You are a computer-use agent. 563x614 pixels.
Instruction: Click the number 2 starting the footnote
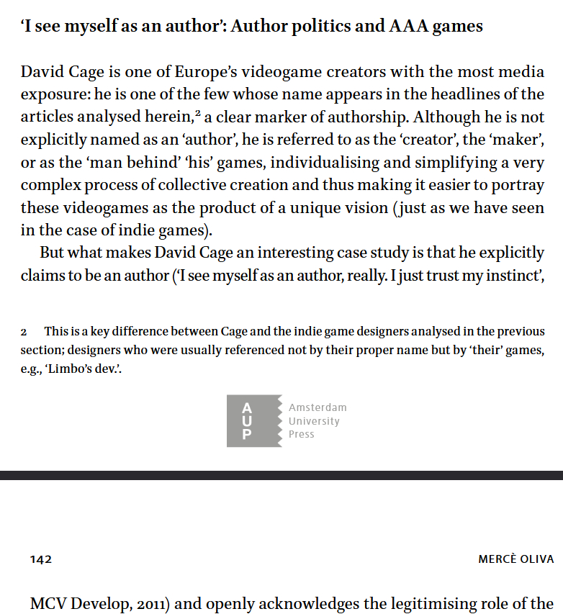point(24,332)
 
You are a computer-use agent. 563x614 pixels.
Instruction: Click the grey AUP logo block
point(253,421)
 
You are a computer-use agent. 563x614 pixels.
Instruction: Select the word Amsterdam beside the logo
point(317,407)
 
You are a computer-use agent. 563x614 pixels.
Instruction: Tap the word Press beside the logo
point(302,434)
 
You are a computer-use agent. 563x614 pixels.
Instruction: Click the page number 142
point(41,559)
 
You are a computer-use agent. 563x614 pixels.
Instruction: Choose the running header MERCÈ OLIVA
point(515,559)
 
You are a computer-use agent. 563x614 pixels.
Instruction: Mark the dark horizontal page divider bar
point(281,475)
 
